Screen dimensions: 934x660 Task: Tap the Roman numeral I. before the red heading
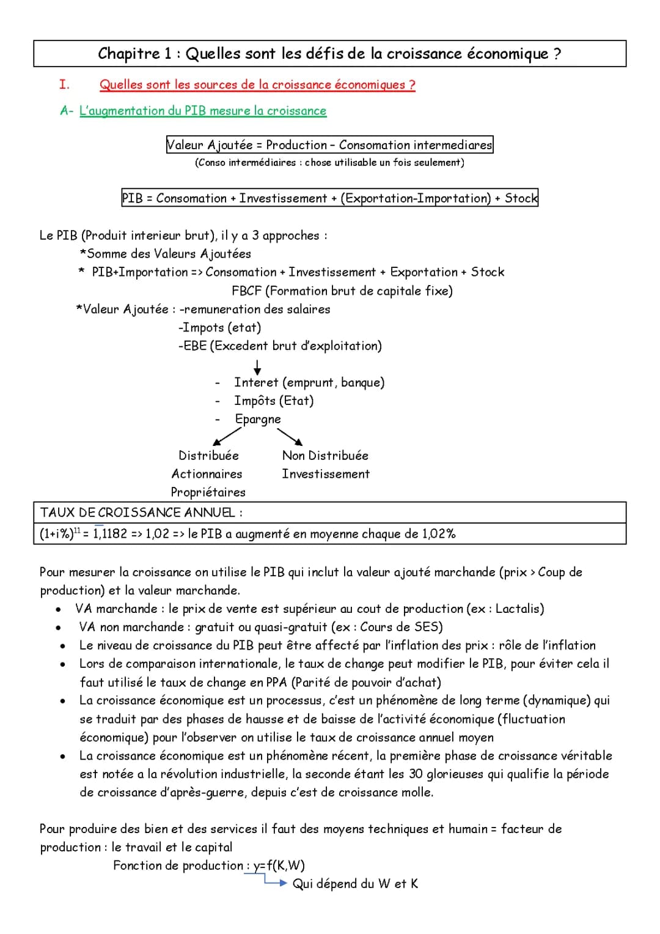click(x=64, y=84)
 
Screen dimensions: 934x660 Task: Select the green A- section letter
click(x=67, y=111)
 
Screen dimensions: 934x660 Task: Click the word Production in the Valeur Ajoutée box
click(x=296, y=145)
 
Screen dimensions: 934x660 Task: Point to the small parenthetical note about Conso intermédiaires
click(x=329, y=163)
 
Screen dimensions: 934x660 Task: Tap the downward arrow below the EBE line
click(x=257, y=366)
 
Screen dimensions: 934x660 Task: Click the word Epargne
click(x=258, y=419)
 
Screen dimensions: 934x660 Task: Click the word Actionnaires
click(x=207, y=474)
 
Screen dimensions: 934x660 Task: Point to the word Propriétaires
click(x=208, y=492)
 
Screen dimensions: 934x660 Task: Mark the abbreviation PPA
click(x=277, y=682)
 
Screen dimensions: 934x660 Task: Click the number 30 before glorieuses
click(x=416, y=774)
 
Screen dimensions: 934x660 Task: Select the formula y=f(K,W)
click(x=279, y=865)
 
